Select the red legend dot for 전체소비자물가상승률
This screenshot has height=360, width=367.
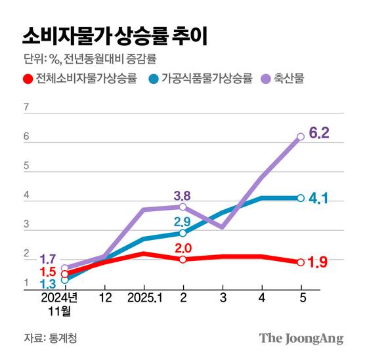(28, 80)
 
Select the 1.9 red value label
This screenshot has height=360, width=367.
(318, 263)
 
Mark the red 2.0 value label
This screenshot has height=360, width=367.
(183, 248)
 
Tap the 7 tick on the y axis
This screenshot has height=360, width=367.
(26, 107)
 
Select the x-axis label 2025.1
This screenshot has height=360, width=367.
(143, 298)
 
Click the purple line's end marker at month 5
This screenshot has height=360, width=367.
(301, 136)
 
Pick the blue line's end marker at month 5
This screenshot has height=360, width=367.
(301, 198)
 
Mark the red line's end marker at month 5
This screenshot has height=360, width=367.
(301, 262)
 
